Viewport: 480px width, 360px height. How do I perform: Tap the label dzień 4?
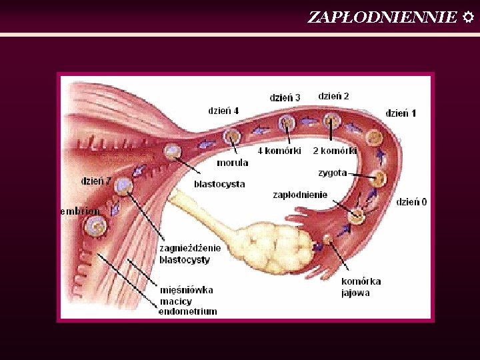click(x=223, y=111)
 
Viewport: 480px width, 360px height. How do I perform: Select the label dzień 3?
click(x=285, y=97)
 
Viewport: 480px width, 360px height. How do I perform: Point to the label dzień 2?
click(x=333, y=96)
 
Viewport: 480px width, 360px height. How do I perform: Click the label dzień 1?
click(x=401, y=113)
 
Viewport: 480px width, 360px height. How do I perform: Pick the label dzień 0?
click(x=411, y=201)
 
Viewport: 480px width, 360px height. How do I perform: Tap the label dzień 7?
click(x=96, y=181)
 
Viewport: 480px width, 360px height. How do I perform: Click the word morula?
click(x=232, y=163)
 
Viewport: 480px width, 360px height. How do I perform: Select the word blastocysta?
click(x=219, y=184)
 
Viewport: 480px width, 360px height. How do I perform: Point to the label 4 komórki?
click(x=279, y=151)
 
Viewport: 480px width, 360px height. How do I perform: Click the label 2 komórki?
click(x=335, y=151)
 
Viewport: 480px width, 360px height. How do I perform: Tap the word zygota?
click(x=332, y=173)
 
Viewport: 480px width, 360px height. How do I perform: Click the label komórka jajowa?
click(x=361, y=287)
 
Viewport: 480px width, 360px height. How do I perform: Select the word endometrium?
click(x=187, y=311)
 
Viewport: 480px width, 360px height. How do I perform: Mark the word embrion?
click(x=80, y=211)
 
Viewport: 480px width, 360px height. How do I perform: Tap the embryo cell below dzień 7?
click(x=97, y=225)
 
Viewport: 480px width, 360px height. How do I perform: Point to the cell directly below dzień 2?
click(x=331, y=121)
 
